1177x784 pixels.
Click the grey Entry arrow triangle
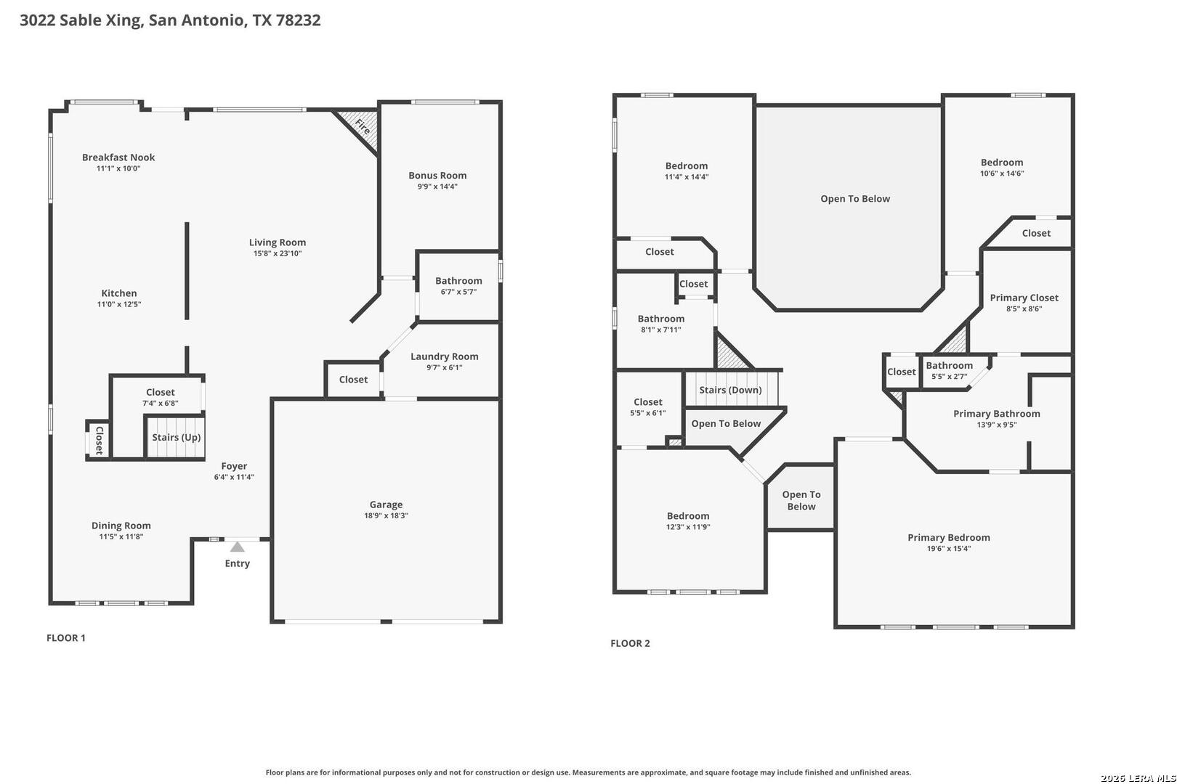pyautogui.click(x=238, y=547)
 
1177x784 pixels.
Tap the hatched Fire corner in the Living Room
pyautogui.click(x=362, y=126)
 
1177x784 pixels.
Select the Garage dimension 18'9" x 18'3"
pyautogui.click(x=387, y=515)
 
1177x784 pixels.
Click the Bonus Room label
pyautogui.click(x=437, y=176)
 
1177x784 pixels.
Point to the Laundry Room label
pyautogui.click(x=445, y=356)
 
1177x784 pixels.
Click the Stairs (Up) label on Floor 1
pyautogui.click(x=177, y=438)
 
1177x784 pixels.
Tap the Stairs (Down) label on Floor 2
pyautogui.click(x=730, y=390)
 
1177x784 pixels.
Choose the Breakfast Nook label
pyautogui.click(x=118, y=157)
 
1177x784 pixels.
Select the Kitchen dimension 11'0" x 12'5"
pyautogui.click(x=119, y=305)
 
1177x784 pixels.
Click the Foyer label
pyautogui.click(x=234, y=466)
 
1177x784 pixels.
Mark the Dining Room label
pyautogui.click(x=121, y=526)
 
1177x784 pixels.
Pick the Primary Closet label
pyautogui.click(x=1024, y=298)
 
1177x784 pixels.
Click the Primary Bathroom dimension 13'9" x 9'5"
pyautogui.click(x=997, y=425)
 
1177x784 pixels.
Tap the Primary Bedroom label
pyautogui.click(x=949, y=538)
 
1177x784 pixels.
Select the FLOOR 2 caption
pyautogui.click(x=630, y=643)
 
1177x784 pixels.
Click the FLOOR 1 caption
pyautogui.click(x=65, y=638)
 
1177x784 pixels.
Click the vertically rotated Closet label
pyautogui.click(x=99, y=440)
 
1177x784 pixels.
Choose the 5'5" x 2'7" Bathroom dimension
pyautogui.click(x=949, y=377)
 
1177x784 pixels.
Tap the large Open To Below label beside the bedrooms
pyautogui.click(x=855, y=198)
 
